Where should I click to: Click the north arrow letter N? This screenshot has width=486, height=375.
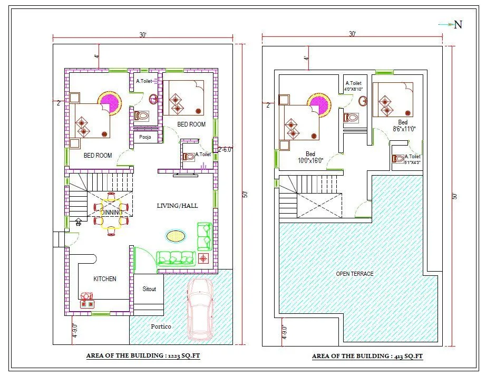pyautogui.click(x=459, y=24)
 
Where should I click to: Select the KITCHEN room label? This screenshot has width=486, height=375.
pyautogui.click(x=105, y=278)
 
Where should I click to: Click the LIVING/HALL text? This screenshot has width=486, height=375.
pyautogui.click(x=177, y=205)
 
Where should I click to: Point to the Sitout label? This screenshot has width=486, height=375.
pyautogui.click(x=149, y=289)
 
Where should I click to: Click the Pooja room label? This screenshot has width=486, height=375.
pyautogui.click(x=145, y=137)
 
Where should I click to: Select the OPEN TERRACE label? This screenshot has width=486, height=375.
pyautogui.click(x=354, y=274)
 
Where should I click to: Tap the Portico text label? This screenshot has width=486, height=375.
pyautogui.click(x=161, y=326)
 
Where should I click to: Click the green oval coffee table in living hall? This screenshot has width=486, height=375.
pyautogui.click(x=176, y=236)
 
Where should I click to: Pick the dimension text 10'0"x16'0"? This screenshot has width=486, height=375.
pyautogui.click(x=310, y=160)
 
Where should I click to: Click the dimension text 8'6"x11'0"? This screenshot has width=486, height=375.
pyautogui.click(x=404, y=128)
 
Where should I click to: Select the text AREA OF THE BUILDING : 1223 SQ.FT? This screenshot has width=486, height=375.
pyautogui.click(x=143, y=356)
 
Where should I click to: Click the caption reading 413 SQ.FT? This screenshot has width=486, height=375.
pyautogui.click(x=367, y=356)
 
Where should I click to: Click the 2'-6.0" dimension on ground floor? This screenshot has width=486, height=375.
pyautogui.click(x=226, y=149)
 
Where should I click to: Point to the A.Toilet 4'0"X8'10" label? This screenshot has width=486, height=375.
pyautogui.click(x=353, y=86)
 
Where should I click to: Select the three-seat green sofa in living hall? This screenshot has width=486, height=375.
pyautogui.click(x=176, y=258)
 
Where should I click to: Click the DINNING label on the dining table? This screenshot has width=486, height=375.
pyautogui.click(x=111, y=212)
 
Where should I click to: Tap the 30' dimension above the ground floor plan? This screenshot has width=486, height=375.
pyautogui.click(x=143, y=35)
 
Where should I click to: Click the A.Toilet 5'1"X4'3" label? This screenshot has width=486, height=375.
pyautogui.click(x=413, y=159)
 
